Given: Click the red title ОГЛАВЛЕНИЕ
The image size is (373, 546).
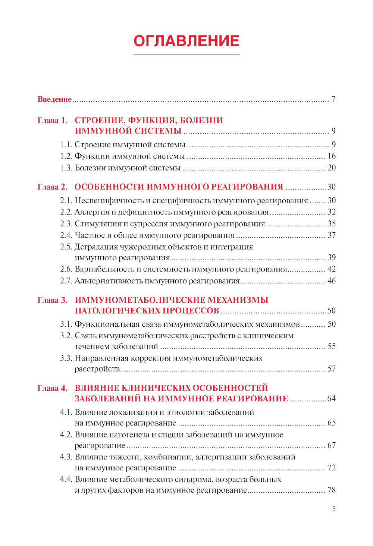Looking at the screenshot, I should pos(186,41).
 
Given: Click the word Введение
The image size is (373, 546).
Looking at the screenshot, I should pos(54,99).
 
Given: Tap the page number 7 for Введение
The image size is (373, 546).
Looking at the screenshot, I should pos(333,99).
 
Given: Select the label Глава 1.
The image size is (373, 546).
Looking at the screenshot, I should pos(53,120).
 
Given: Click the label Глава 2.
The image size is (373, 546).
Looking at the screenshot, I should pos(53,187).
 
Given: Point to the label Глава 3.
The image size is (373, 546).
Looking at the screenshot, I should pos(53,300).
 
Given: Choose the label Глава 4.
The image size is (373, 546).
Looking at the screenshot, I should pos(53,388).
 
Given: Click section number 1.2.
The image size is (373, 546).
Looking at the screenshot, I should pos(66,156).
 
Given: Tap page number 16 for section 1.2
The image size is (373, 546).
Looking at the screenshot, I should pos(332,156).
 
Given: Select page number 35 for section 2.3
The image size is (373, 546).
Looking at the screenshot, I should pos(332,224).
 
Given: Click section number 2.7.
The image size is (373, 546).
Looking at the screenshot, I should pos(66,281).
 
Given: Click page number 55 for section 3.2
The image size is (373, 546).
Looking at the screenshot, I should pos(332,346).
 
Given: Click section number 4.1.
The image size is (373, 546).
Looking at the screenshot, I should pos(66,412).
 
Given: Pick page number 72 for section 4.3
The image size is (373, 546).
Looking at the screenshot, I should pos(332,468).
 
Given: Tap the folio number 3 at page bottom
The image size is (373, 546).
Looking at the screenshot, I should pos(334,509).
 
